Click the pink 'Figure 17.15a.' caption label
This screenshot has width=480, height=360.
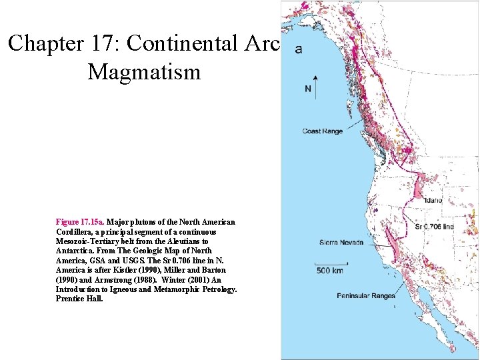point(80,221)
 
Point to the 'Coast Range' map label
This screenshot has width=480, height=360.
point(322,131)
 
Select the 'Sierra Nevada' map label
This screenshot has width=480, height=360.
point(342,243)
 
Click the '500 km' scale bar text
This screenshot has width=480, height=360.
point(330,271)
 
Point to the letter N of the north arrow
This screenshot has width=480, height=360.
point(307,89)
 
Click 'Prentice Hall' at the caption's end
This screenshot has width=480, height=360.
point(79,299)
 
